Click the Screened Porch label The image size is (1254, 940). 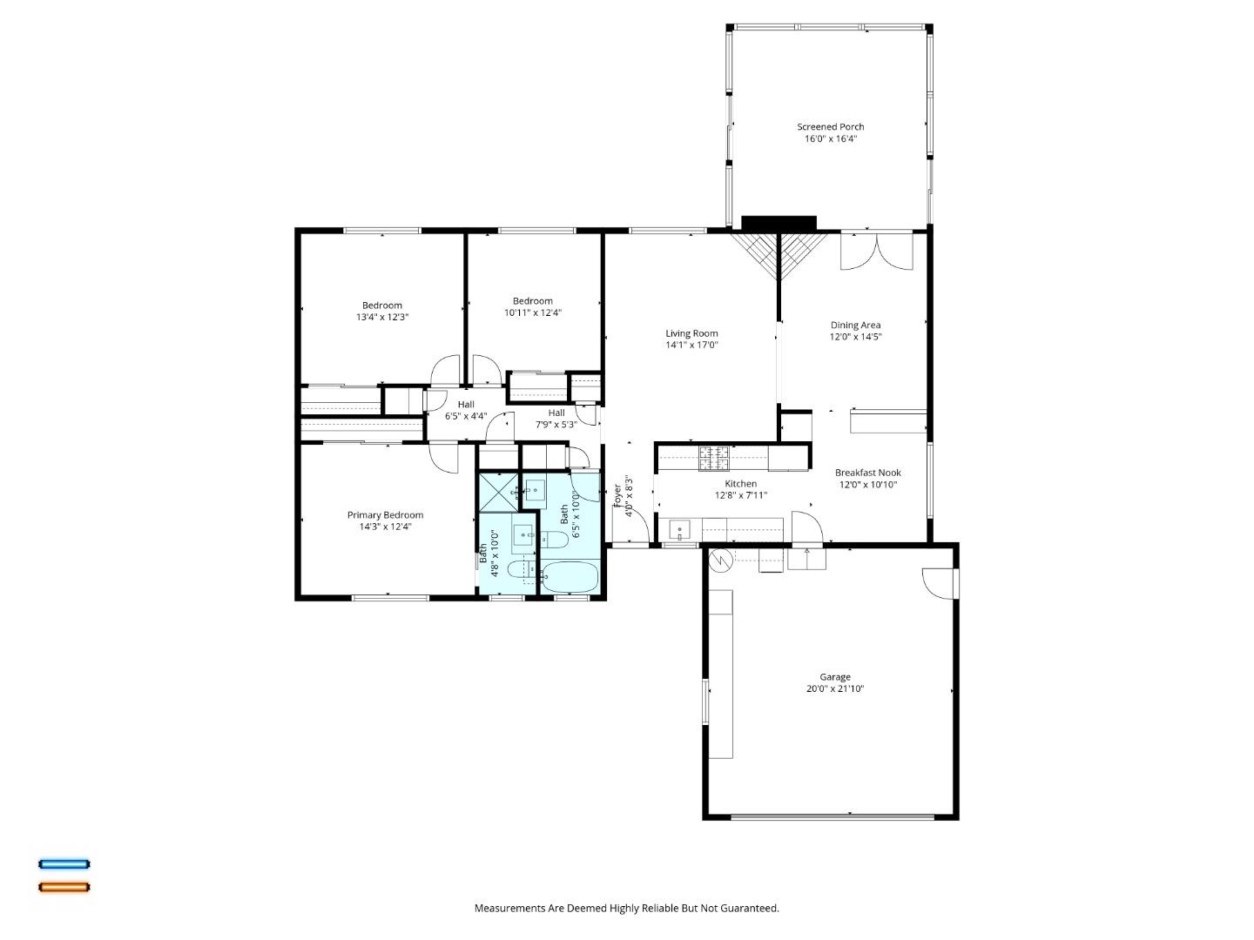830,127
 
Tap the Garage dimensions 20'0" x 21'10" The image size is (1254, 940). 834,688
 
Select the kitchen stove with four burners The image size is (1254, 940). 714,458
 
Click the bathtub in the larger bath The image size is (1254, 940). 570,575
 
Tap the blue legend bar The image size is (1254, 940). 64,864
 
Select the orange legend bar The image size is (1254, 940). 64,888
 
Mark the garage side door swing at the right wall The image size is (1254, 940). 939,583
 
